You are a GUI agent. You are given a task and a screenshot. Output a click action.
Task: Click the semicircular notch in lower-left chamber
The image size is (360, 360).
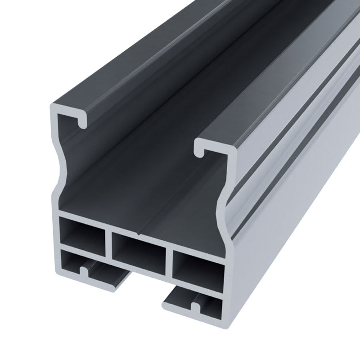(x=84, y=271)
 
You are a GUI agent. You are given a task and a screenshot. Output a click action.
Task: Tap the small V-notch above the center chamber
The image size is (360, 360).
(x=140, y=233)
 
